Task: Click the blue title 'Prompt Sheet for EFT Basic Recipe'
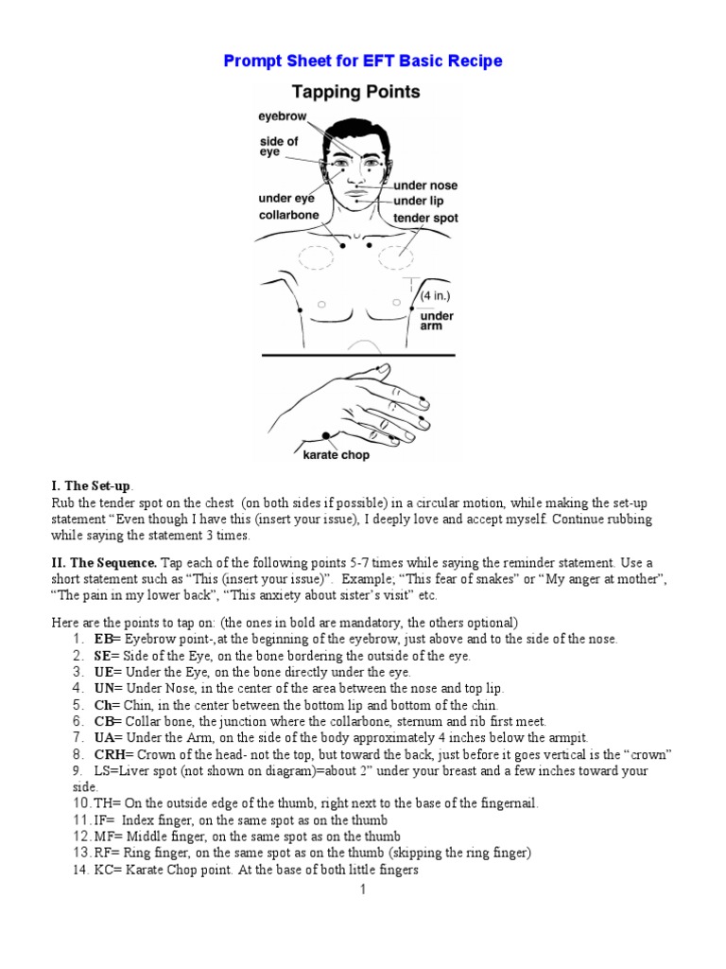(363, 62)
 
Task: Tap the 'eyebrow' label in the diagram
(283, 116)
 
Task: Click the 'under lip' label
(418, 202)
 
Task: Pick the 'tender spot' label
(425, 218)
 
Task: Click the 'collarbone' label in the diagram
(288, 215)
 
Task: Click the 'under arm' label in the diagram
(437, 321)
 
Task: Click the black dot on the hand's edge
(326, 434)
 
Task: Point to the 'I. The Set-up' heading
(92, 485)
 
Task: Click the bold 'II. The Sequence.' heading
(105, 562)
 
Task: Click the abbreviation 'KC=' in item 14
(107, 870)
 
